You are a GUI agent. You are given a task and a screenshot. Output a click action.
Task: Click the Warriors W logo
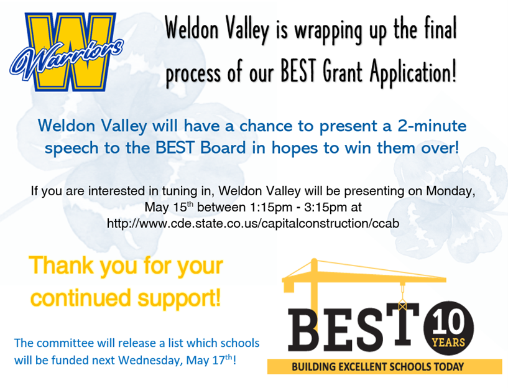[x=67, y=52]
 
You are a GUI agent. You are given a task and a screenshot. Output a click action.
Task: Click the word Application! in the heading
[x=413, y=72]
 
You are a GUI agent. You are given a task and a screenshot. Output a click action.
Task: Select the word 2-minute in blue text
[x=432, y=126]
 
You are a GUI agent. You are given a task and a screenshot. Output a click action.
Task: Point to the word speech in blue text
[x=72, y=149]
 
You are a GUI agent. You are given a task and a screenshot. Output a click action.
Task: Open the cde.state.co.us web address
[x=252, y=223]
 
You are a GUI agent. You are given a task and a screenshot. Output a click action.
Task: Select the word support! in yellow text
[x=179, y=299]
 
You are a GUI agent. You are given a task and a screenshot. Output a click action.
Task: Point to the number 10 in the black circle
[x=448, y=323]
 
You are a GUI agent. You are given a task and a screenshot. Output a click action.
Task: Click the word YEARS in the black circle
[x=449, y=342]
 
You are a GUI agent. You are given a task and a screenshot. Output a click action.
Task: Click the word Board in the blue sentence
[x=223, y=148]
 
